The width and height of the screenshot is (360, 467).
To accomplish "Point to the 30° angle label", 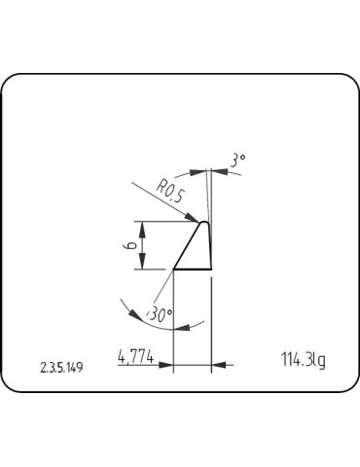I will [x=161, y=314].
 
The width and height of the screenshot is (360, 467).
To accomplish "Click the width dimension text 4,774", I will [x=135, y=357].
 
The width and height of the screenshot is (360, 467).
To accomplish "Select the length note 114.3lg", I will [x=301, y=360].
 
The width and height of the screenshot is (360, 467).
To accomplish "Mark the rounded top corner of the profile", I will [x=206, y=223].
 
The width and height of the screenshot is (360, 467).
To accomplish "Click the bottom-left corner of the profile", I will [x=173, y=269].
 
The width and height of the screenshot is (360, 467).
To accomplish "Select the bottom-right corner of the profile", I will [x=212, y=269].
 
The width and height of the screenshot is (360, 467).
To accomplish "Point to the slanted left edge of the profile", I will [x=188, y=246].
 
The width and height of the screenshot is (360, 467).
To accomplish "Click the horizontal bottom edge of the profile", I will [x=193, y=269].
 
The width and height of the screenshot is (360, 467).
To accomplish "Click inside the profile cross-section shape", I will [x=199, y=253].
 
